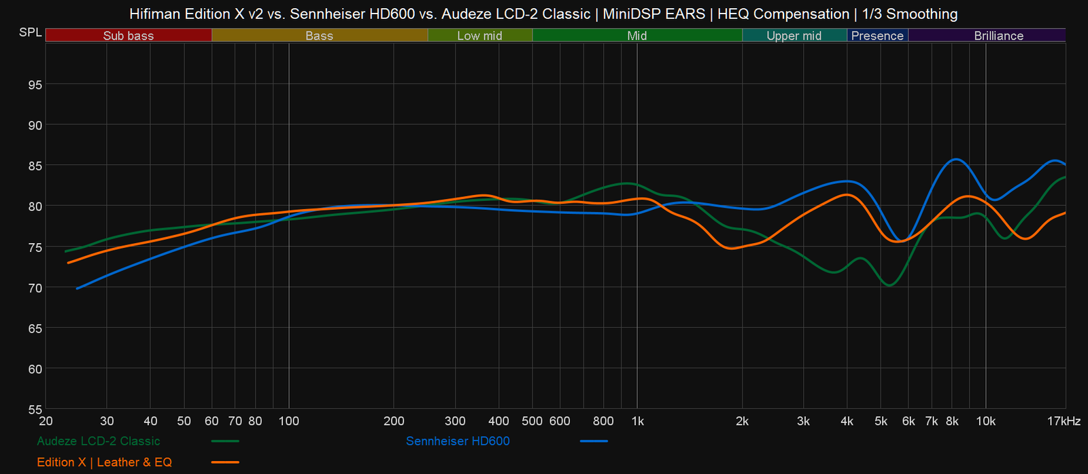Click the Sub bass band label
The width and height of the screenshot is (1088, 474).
pos(129,35)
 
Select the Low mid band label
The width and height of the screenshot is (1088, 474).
pos(479,35)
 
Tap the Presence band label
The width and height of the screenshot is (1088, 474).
pos(877,35)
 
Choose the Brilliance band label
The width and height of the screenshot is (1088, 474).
pos(998,35)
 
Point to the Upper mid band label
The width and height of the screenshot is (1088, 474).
pos(794,35)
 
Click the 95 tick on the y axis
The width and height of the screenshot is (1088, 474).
pos(34,84)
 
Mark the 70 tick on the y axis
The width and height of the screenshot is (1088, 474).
pos(34,287)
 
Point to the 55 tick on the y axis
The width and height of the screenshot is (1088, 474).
pos(34,409)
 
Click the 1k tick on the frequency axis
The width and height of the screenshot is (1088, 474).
pos(637,421)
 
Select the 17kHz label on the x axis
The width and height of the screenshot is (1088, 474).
pos(1064,421)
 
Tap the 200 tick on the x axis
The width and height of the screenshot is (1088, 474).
pos(394,421)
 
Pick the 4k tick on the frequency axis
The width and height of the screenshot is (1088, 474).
pos(847,421)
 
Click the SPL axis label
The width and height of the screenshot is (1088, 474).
pos(30,33)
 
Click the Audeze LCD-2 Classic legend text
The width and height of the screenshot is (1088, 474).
pos(99,441)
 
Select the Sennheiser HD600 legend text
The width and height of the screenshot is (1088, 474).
pos(458,441)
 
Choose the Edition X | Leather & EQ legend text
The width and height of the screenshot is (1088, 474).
pos(104,462)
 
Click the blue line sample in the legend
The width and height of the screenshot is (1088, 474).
pos(594,441)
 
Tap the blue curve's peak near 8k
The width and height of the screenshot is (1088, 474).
pos(956,160)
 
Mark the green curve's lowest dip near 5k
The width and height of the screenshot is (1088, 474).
pos(889,285)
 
